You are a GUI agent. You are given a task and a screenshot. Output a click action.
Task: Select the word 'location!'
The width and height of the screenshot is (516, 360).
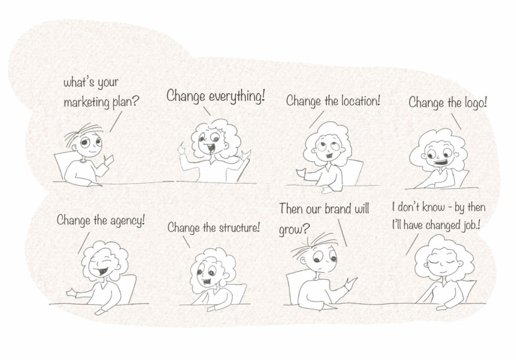(360, 101)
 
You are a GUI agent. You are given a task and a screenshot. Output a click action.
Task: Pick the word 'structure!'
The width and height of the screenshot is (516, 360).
(239, 228)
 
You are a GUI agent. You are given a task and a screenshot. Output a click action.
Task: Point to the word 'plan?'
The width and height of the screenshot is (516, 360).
(125, 103)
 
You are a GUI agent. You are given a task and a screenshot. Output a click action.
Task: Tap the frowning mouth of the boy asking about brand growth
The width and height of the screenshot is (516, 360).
(319, 269)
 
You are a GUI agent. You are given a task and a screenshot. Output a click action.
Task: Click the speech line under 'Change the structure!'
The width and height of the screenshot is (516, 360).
(186, 242)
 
